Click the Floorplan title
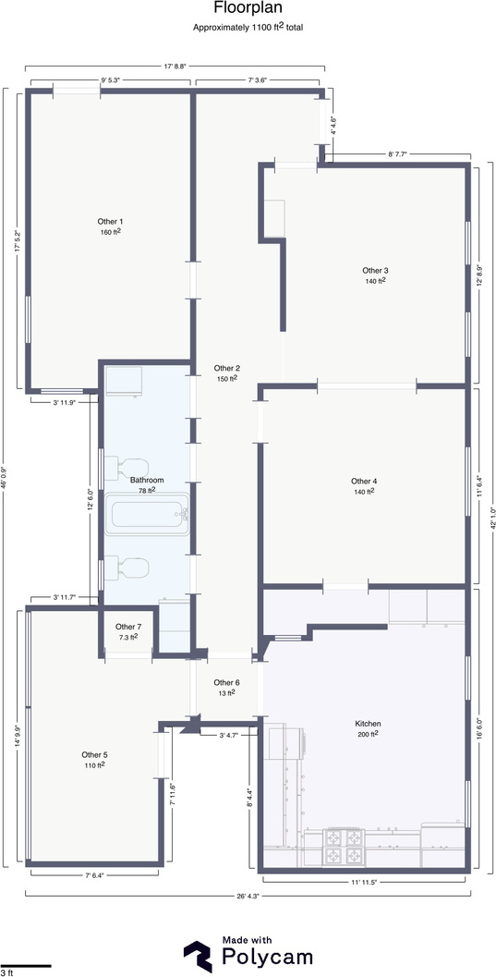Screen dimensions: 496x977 pos(248,8)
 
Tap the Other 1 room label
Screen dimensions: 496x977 pos(110,221)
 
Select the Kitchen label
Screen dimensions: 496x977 pos(368,724)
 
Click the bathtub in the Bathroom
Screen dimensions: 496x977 pos(147,514)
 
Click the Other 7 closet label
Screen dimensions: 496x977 pos(128,626)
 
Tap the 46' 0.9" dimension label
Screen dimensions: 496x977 pos(5,477)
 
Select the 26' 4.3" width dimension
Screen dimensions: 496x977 pos(247,896)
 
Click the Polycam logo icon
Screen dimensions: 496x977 pos(198,956)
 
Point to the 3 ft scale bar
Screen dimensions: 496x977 pos(26,966)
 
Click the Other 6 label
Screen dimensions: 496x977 pos(226,682)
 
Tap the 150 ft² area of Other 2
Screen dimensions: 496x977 pos(226,378)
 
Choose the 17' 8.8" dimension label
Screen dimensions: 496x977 pos(175,64)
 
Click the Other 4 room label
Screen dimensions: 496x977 pos(364,481)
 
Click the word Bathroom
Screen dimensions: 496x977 pos(147,480)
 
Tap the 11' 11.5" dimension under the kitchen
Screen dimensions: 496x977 pos(364,882)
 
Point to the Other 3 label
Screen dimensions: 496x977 pos(375,270)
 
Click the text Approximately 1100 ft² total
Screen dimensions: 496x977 pos(248,27)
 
